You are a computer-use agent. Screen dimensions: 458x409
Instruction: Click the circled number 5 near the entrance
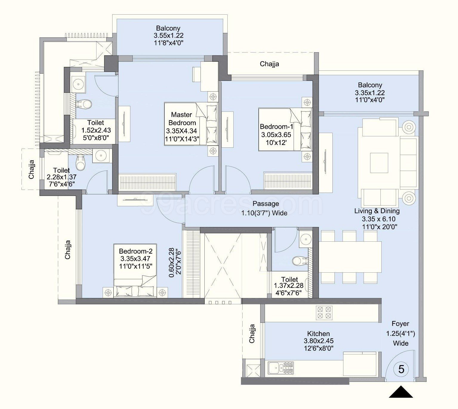coord(401,369)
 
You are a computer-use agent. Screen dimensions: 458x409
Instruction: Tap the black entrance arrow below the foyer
coord(401,392)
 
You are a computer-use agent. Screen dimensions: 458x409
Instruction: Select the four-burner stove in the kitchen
coord(324,313)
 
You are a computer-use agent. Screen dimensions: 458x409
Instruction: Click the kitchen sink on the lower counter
coord(281,368)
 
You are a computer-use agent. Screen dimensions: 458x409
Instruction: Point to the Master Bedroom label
coord(182,119)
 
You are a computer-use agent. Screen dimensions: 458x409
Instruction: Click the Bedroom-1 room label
coord(276,126)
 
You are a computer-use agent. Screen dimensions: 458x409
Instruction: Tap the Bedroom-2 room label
coord(136,251)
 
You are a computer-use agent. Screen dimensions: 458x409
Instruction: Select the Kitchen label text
coord(318,334)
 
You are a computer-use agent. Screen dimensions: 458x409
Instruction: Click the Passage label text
coord(266,204)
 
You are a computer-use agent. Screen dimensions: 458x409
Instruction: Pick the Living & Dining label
coord(377,211)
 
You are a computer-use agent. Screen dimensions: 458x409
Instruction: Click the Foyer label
coord(400,324)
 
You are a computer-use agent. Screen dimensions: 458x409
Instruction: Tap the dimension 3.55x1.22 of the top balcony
coord(168,36)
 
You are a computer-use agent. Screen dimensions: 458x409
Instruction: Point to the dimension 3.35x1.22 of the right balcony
coord(370,93)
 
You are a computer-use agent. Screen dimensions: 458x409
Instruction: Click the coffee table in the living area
coord(379,163)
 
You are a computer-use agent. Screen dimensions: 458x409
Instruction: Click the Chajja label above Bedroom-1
coord(269,64)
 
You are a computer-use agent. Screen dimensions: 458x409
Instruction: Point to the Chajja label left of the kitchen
coord(252,334)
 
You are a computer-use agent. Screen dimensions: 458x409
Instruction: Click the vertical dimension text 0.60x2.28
coord(172,263)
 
